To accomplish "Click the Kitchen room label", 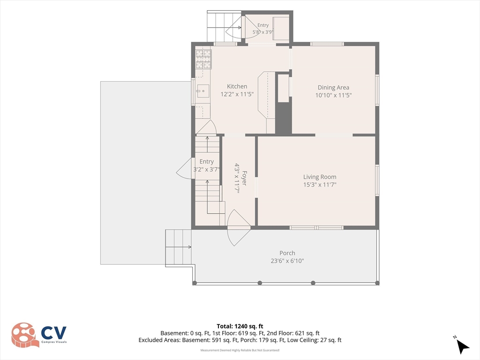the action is click(x=237, y=86).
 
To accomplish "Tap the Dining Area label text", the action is click(x=333, y=88).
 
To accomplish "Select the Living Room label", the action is click(x=320, y=177).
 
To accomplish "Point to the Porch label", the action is click(x=287, y=253).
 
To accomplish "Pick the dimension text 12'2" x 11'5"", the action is click(x=237, y=94).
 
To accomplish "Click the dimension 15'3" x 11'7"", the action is click(x=320, y=184).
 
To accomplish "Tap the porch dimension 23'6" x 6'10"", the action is click(x=287, y=261).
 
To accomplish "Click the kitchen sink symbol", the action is click(x=202, y=91).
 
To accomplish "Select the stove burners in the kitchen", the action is click(x=203, y=59).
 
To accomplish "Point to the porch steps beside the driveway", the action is click(x=178, y=248).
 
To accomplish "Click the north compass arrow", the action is click(x=463, y=346).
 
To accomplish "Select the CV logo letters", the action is click(x=53, y=333).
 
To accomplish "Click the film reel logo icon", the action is click(x=24, y=335).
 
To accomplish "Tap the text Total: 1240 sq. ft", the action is click(x=240, y=326).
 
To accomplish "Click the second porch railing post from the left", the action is click(x=260, y=283).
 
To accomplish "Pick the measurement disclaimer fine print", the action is click(x=240, y=350).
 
